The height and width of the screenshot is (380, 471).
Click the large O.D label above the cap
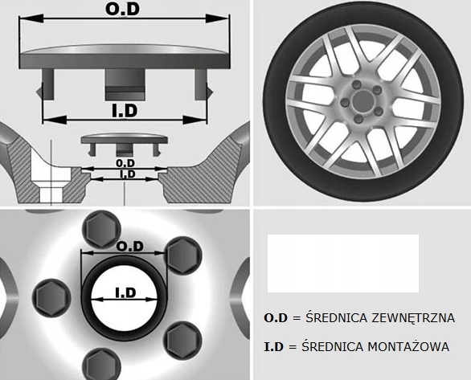(122, 9)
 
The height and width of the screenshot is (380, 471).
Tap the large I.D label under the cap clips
(125, 110)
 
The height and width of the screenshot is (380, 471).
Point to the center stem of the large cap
(125, 84)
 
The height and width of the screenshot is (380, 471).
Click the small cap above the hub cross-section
(124, 144)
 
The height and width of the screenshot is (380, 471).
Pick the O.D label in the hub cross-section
(125, 163)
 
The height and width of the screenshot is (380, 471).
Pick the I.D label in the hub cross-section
(128, 174)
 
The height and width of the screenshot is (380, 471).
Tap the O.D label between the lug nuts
(129, 247)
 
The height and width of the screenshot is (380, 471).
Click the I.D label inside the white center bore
(126, 292)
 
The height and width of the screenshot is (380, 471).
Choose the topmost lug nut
(101, 229)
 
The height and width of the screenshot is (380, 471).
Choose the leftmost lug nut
(51, 297)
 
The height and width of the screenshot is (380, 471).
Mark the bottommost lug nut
(101, 364)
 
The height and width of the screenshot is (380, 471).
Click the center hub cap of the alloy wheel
(362, 100)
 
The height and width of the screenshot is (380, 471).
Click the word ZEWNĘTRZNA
(413, 317)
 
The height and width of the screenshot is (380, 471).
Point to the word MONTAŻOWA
(408, 347)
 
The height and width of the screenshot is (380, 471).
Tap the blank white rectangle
(343, 264)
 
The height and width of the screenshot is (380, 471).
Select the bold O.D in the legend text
(276, 318)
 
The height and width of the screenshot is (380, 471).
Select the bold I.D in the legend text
(273, 347)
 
